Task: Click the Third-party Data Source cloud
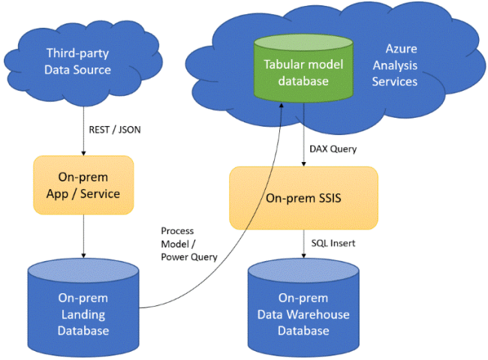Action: pyautogui.click(x=78, y=61)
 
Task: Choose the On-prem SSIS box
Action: pyautogui.click(x=303, y=197)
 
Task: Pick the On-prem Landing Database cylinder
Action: pyautogui.click(x=83, y=307)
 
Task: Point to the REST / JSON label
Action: pyautogui.click(x=113, y=129)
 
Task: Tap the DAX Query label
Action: pyautogui.click(x=333, y=148)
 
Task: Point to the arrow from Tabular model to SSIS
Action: pyautogui.click(x=303, y=142)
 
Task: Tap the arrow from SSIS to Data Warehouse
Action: pyautogui.click(x=303, y=244)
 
